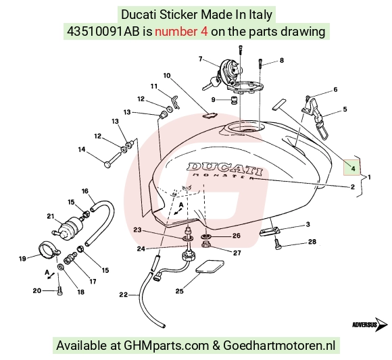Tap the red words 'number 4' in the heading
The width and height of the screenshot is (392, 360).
tap(181, 32)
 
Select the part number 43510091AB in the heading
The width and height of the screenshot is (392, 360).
tap(103, 32)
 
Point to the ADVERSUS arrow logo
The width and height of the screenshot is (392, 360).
tap(370, 324)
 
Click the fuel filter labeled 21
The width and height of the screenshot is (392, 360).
tap(69, 226)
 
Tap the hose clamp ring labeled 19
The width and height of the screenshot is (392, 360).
tap(49, 248)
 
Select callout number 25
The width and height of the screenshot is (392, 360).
tap(179, 291)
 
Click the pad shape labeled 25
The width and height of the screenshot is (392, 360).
tap(210, 267)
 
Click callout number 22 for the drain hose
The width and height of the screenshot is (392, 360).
tap(123, 295)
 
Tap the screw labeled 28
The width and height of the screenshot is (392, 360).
tap(278, 244)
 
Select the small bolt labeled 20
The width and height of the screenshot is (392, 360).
tap(59, 291)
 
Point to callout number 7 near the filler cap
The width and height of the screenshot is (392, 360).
tap(201, 59)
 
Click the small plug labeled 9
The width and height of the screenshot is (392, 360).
tap(235, 100)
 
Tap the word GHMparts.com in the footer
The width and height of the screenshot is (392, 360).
tap(166, 346)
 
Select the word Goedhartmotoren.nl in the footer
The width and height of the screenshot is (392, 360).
tap(279, 346)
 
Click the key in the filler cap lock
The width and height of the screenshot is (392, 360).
tap(211, 84)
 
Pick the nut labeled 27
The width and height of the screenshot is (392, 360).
tap(205, 245)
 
